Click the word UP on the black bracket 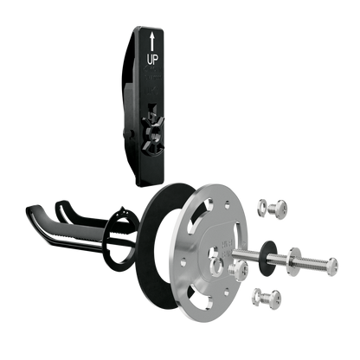pyautogui.click(x=153, y=60)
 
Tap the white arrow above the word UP pyautogui.click(x=152, y=42)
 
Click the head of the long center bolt pyautogui.click(x=332, y=267)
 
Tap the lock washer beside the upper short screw pyautogui.click(x=262, y=206)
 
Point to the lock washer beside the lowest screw pyautogui.click(x=257, y=296)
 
